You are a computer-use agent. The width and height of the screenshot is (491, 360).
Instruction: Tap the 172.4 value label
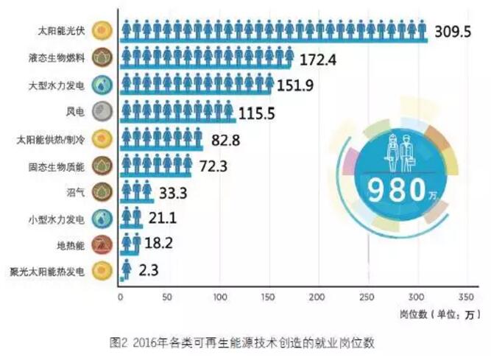point(321,59)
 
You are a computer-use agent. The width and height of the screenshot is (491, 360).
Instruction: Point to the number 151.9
point(302,85)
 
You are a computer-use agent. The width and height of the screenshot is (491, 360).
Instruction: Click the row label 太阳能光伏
point(61,32)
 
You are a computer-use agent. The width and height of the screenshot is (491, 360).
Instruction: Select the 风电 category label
point(76,112)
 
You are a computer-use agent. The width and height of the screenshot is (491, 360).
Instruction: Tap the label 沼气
point(76,191)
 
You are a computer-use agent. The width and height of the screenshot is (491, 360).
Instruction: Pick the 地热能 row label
point(71,244)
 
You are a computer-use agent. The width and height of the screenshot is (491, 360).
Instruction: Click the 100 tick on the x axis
point(219,297)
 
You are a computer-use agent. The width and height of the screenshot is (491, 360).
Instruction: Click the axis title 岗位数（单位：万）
point(440,314)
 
